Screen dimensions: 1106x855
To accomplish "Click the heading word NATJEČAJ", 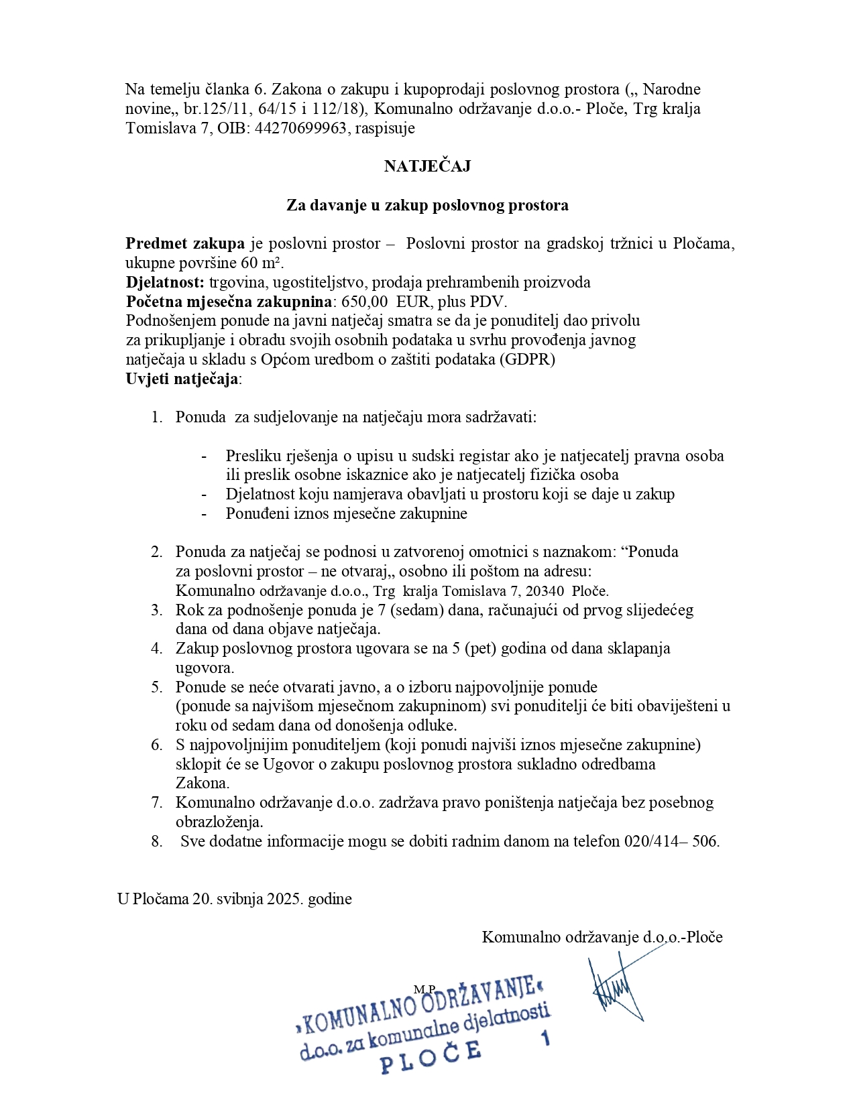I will click(x=427, y=166).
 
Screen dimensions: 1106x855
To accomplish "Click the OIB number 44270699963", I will click(x=300, y=128).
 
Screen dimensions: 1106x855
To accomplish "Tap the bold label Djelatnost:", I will click(x=165, y=282).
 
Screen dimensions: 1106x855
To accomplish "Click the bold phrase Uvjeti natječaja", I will click(x=182, y=379).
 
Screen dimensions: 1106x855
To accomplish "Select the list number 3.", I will click(x=156, y=610).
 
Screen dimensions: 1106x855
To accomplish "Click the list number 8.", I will click(x=156, y=841).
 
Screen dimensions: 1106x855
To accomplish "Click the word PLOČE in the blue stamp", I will click(x=431, y=1054).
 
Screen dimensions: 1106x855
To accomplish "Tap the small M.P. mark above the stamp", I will click(x=424, y=989).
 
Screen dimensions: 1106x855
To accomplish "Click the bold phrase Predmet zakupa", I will click(x=185, y=243).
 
